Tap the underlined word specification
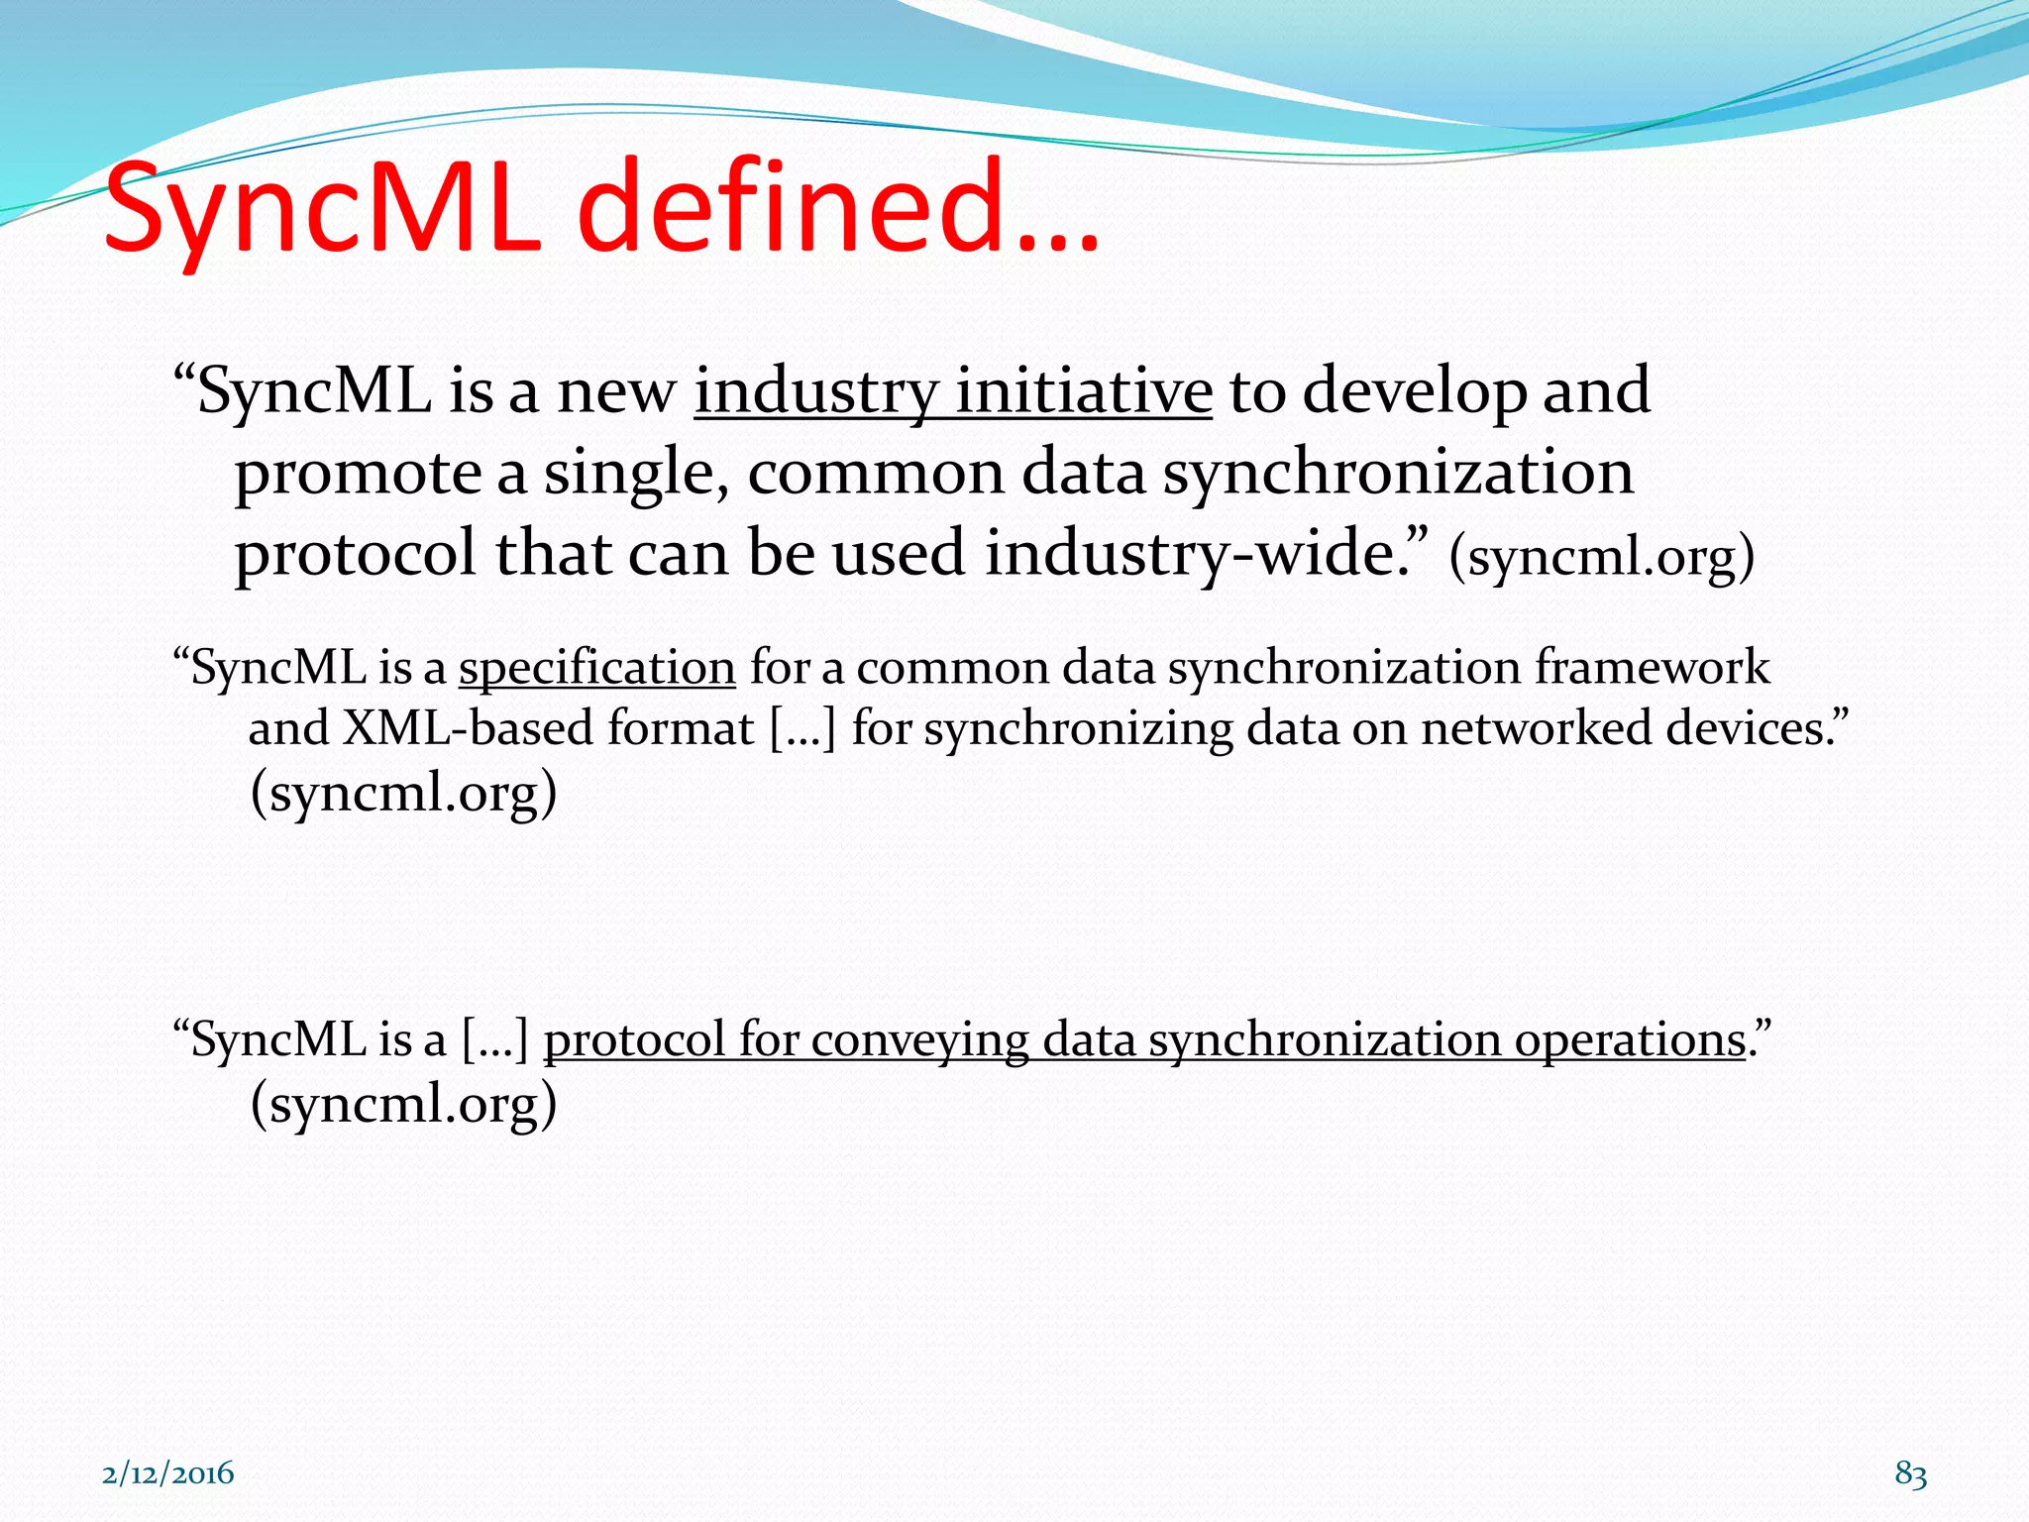click(596, 667)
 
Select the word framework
click(1652, 667)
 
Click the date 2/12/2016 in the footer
click(168, 1473)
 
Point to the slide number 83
click(1910, 1473)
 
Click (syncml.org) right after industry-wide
click(1601, 557)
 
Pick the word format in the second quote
click(680, 728)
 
